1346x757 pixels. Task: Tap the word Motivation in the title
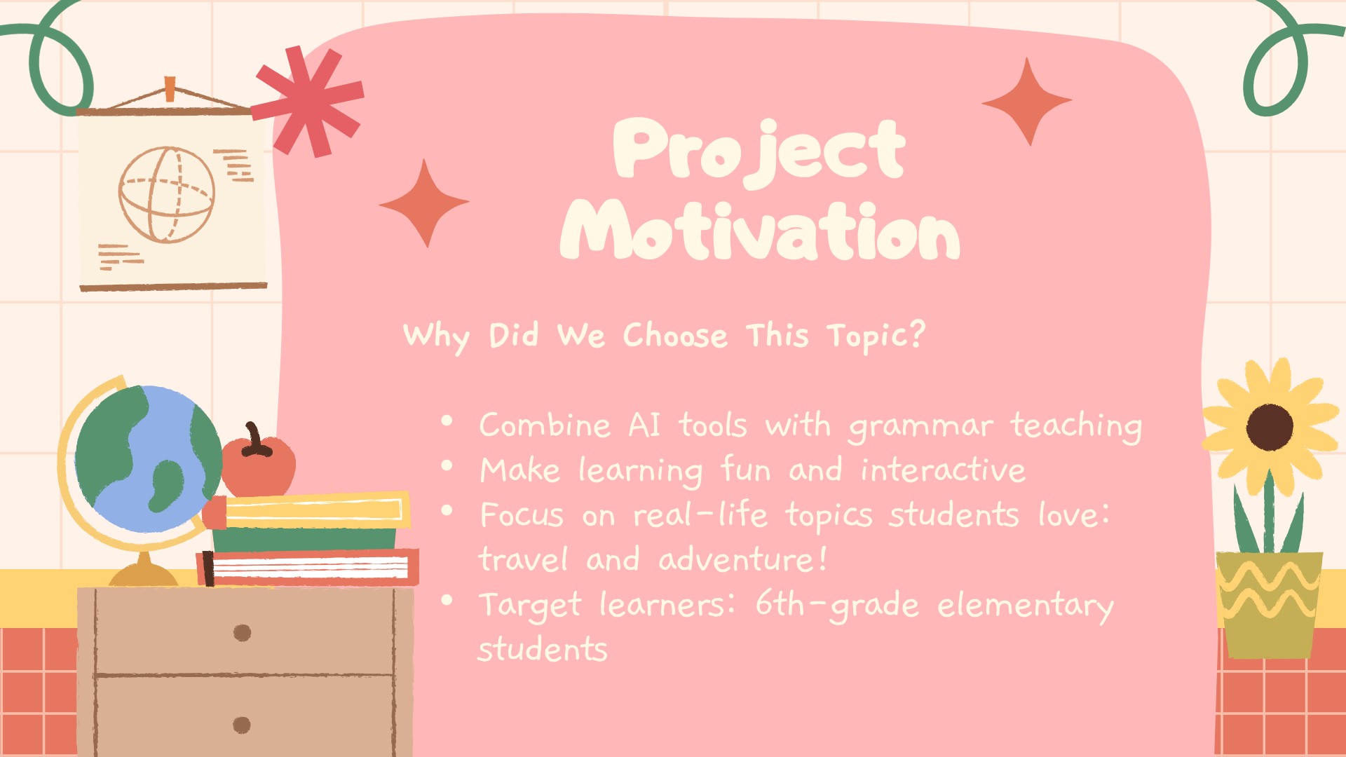tap(760, 229)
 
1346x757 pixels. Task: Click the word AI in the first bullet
tap(644, 425)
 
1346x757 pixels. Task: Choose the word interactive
tap(943, 470)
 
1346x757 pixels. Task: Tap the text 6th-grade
tap(837, 605)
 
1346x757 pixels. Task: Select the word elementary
tap(1026, 606)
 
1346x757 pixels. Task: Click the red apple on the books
tap(258, 463)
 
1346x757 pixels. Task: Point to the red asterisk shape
tap(308, 101)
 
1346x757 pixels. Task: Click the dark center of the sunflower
tap(1270, 427)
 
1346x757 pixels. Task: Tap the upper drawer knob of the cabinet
tap(242, 633)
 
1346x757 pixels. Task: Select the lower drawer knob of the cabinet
tap(242, 725)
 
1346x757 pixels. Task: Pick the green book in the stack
tap(304, 539)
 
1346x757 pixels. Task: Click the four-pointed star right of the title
tap(1027, 102)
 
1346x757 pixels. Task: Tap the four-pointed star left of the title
tap(424, 203)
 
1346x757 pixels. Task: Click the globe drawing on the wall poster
tap(166, 194)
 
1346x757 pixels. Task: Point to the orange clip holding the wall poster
tap(170, 89)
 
